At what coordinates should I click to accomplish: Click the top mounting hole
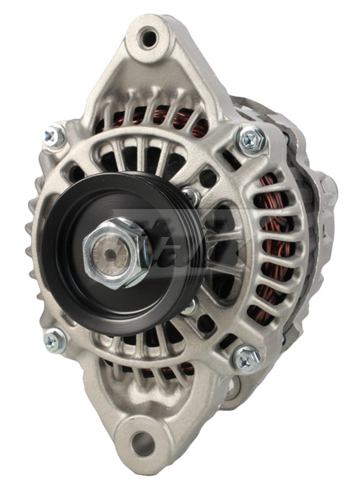tap(148, 37)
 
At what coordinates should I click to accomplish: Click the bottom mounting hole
tap(142, 444)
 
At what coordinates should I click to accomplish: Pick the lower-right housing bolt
tap(247, 358)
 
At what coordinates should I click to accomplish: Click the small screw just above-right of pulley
tap(190, 195)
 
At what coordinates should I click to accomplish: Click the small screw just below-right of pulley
tap(190, 307)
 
